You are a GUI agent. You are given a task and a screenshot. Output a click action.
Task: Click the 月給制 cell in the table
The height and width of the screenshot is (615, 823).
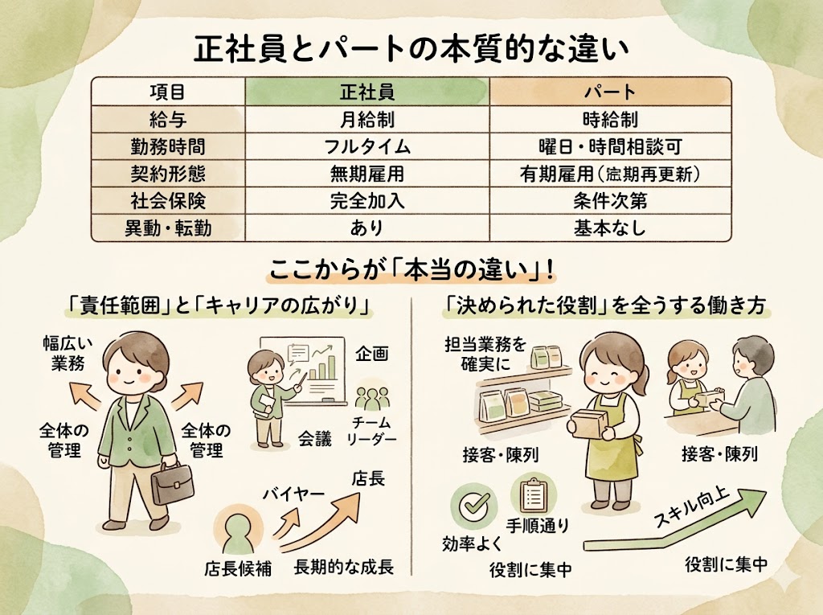coord(366,119)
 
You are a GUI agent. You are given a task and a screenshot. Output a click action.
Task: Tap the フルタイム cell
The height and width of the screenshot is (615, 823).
coord(366,146)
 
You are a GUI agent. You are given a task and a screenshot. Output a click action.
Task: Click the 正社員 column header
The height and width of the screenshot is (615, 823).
coord(366,91)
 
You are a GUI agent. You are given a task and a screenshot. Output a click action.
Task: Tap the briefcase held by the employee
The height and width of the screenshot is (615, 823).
coord(173,482)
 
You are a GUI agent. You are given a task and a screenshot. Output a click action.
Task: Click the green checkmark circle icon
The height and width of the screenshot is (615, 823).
coord(471,504)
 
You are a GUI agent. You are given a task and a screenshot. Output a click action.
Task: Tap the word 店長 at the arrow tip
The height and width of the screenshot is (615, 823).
coord(368,479)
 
